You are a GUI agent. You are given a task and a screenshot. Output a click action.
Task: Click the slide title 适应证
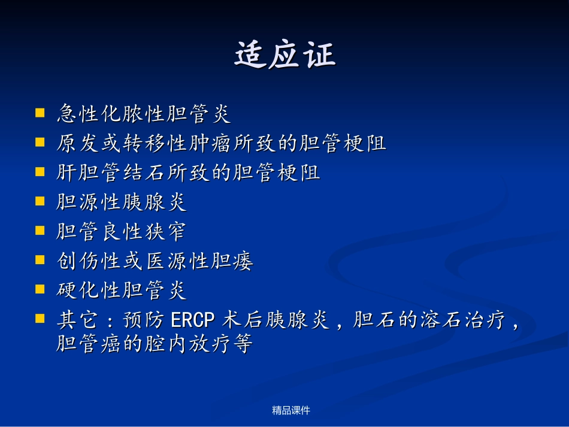coord(285,54)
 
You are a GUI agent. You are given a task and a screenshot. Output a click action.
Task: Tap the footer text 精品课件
coord(291,410)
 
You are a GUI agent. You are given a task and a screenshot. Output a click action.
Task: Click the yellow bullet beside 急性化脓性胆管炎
coord(40,113)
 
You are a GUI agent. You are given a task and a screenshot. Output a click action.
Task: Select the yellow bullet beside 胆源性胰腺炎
coord(40,201)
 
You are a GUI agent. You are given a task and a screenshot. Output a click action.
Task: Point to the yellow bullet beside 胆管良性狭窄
coord(40,231)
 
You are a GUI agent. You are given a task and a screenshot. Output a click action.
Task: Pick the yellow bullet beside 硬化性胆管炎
coord(40,289)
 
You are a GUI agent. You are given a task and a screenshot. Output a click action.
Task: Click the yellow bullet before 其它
coord(40,319)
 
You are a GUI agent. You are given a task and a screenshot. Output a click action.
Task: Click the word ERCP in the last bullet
coord(193,320)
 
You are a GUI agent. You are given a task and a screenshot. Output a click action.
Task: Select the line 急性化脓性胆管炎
coord(144,114)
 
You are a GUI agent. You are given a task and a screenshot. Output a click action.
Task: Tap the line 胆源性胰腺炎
coord(122,202)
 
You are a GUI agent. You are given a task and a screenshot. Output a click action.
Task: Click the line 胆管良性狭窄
coord(122,231)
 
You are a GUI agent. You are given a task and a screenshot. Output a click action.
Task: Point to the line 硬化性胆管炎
coord(122,290)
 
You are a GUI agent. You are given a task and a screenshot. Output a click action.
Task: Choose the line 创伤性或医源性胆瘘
coord(155,261)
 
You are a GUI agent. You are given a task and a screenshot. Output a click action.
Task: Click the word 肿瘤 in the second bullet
coord(210,143)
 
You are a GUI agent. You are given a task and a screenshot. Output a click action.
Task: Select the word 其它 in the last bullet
coord(77,320)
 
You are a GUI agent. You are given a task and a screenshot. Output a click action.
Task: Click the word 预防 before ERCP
coord(144,320)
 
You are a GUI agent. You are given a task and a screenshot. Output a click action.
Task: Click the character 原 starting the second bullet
coord(66,143)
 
